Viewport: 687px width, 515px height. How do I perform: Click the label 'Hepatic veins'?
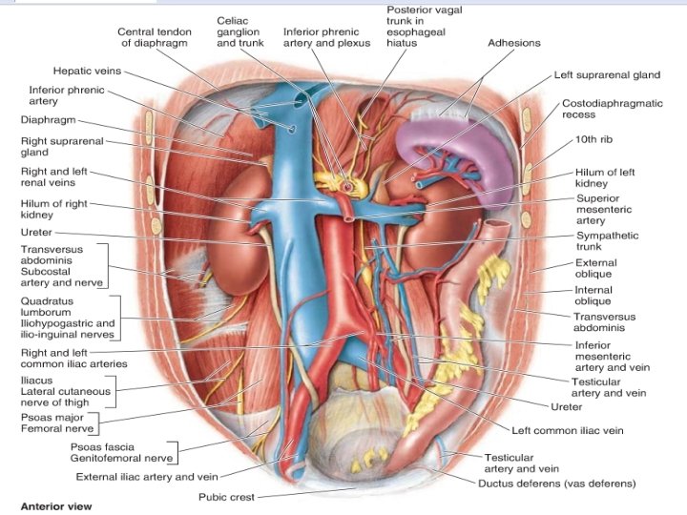tap(88, 71)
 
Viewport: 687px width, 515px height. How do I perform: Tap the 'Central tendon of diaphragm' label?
tap(156, 37)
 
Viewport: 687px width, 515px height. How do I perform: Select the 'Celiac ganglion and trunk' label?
tap(238, 31)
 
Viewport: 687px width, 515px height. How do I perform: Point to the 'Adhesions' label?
tap(513, 43)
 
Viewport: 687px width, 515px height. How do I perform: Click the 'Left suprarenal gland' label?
tap(607, 74)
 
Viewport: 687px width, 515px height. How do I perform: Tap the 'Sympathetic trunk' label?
tap(607, 242)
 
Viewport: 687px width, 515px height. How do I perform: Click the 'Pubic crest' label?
tap(225, 497)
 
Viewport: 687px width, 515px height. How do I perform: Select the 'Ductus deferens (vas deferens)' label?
tap(556, 484)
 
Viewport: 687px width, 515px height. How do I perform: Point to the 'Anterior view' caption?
tap(56, 505)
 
